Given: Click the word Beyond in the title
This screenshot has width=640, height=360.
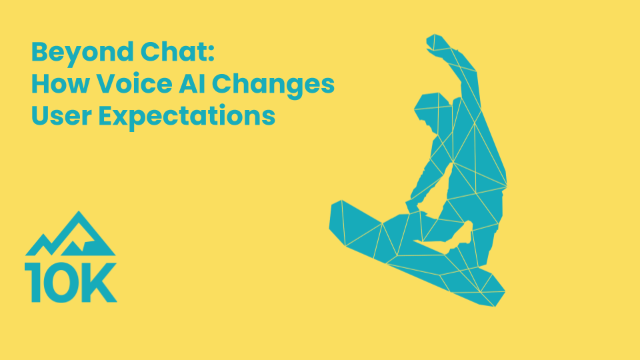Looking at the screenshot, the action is [82, 53].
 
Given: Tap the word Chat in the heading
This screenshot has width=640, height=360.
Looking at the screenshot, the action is [173, 52].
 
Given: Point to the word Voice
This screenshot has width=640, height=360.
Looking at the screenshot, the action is [134, 83].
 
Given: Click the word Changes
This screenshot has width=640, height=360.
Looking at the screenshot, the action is [273, 86].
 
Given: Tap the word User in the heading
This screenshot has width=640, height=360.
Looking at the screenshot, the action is [61, 115].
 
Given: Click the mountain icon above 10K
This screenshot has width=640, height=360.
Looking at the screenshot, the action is [70, 234].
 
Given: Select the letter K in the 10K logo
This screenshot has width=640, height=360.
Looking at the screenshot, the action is [100, 283].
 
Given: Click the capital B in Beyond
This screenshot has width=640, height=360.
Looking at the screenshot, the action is [39, 52].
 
